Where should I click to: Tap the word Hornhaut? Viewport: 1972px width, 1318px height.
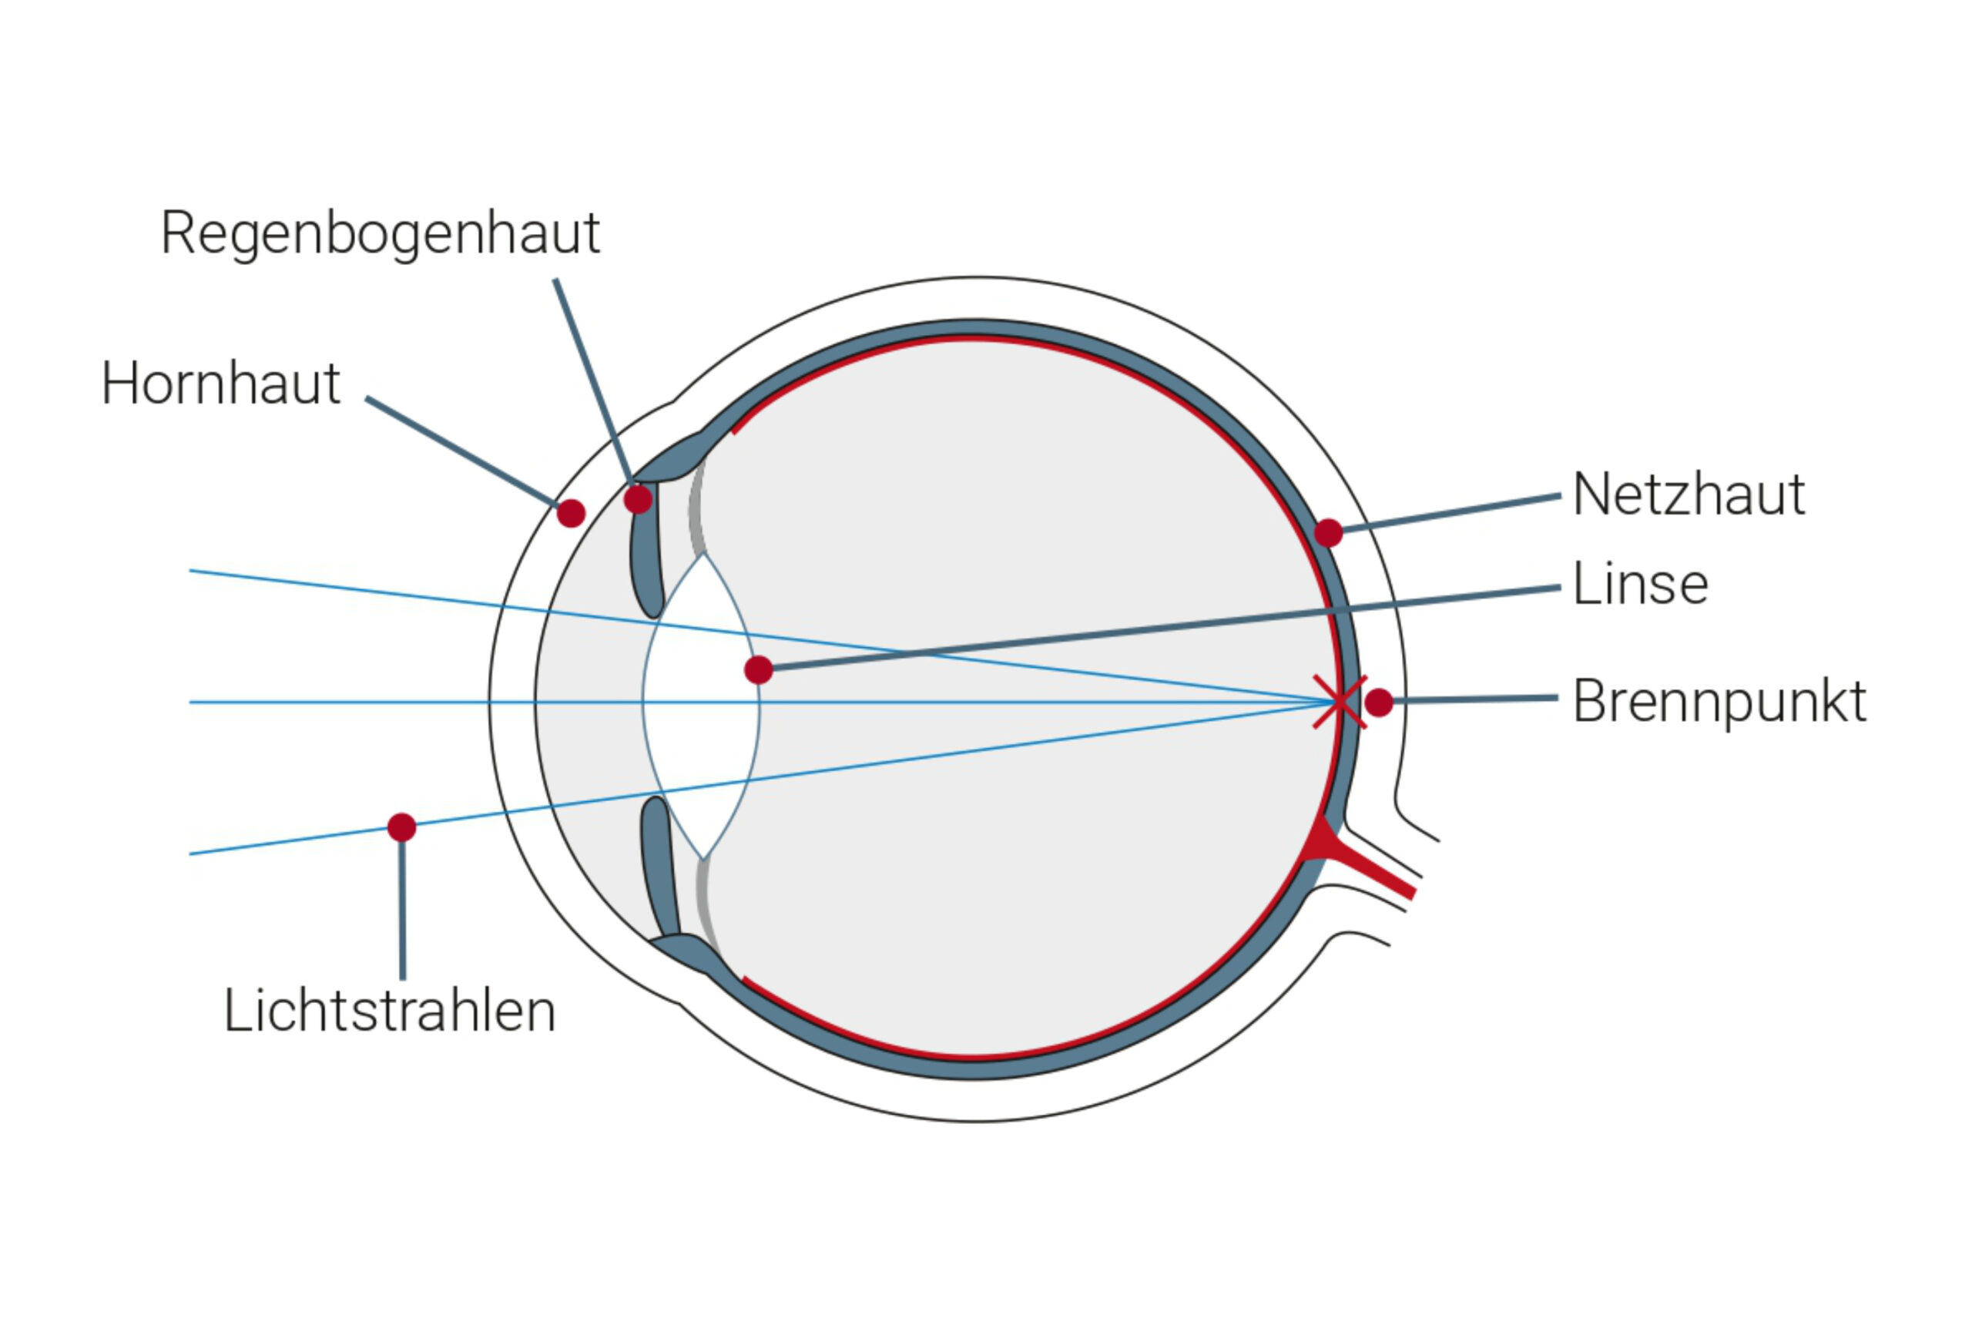pos(221,384)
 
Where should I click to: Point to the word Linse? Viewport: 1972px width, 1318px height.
pos(1641,583)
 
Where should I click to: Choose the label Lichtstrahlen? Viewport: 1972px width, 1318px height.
pos(389,1011)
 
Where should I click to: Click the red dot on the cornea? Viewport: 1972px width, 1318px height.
pos(571,513)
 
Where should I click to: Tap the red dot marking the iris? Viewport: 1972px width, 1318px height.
pos(638,499)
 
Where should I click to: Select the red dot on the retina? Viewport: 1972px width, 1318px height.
pos(1328,533)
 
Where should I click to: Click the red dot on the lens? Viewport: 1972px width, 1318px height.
pos(758,670)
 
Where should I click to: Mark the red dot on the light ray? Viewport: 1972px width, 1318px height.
pos(402,827)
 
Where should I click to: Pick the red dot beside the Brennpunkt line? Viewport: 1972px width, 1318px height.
pos(1380,702)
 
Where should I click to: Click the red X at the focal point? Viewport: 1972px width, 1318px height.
pos(1339,702)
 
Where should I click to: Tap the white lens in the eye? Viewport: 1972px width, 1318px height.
pos(702,704)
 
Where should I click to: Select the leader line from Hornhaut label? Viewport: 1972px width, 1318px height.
pos(461,451)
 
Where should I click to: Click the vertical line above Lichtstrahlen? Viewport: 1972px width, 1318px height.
pos(403,911)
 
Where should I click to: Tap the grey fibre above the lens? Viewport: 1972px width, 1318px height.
pos(695,507)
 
